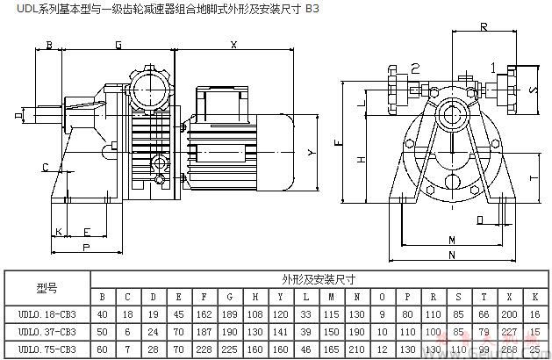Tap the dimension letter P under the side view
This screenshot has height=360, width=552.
coord(85,248)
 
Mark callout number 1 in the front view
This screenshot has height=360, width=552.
coord(493,66)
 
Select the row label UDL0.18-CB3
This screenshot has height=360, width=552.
coord(47,313)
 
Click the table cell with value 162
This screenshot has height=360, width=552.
coord(205,313)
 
